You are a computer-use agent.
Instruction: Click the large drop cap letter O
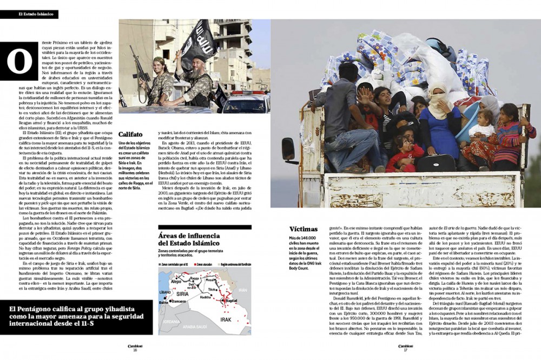pos(19,61)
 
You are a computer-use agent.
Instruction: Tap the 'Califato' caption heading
pos(130,134)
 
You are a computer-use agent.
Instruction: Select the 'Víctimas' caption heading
pos(304,229)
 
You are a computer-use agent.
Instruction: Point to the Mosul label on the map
pos(210,282)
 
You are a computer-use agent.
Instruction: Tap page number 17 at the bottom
pos(405,350)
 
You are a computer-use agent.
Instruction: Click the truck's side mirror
pos(287,150)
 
